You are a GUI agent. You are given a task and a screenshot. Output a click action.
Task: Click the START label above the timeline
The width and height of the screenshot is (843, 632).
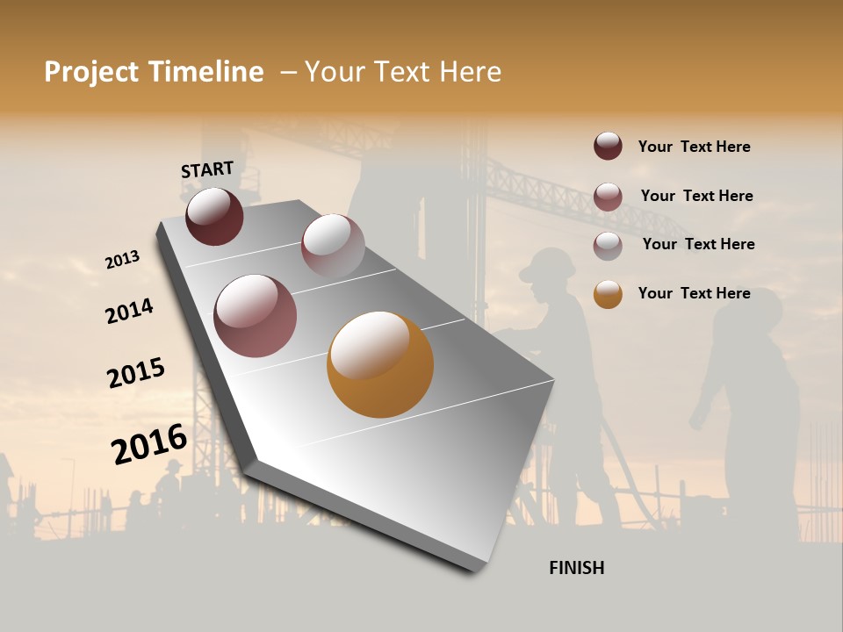(x=207, y=169)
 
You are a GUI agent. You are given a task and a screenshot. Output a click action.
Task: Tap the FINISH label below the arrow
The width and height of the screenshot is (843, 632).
(x=576, y=568)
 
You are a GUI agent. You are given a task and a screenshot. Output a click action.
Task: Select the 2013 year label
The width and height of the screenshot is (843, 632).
(x=122, y=260)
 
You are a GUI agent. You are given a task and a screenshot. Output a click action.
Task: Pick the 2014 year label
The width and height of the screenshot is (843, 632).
(x=129, y=312)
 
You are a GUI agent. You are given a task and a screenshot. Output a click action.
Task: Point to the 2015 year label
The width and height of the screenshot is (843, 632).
(x=136, y=373)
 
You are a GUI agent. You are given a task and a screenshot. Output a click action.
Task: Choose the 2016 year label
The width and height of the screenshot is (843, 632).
(x=149, y=444)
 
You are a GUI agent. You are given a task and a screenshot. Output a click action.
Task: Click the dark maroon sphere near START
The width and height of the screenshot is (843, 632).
(x=214, y=216)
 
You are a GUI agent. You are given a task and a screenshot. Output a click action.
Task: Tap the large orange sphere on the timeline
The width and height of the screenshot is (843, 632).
(x=380, y=364)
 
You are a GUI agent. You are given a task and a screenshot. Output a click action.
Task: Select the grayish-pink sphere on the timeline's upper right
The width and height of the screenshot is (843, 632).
(x=333, y=245)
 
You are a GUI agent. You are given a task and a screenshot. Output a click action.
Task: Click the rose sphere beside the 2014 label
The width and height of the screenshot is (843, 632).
(x=256, y=316)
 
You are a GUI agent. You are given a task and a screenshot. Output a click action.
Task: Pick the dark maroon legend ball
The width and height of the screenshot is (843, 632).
(x=608, y=146)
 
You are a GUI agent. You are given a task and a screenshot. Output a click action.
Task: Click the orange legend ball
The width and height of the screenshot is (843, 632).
(x=608, y=294)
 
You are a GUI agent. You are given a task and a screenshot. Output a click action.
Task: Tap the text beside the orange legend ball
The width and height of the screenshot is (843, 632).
(x=694, y=293)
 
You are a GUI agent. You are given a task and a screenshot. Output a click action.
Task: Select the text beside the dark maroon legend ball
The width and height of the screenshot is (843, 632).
(x=694, y=147)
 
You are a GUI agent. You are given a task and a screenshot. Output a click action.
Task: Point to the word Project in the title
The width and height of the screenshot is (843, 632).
(x=91, y=73)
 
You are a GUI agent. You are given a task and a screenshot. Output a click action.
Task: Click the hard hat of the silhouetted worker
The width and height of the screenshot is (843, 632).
(x=547, y=264)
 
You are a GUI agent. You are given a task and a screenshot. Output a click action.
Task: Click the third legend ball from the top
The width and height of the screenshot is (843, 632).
(x=608, y=245)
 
